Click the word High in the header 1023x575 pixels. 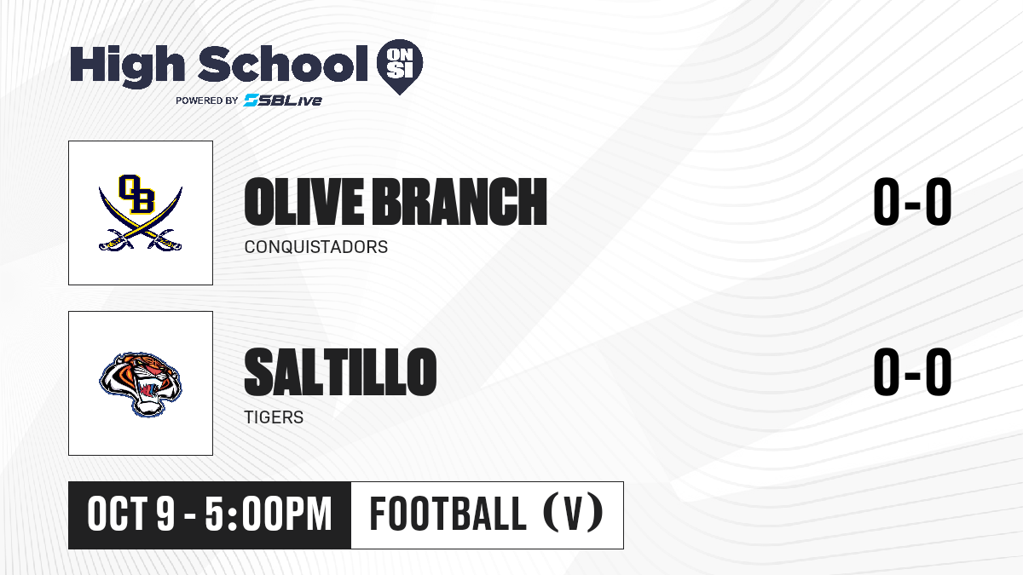click(127, 66)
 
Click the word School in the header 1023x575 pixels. click(283, 64)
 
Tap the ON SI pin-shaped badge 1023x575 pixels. click(400, 66)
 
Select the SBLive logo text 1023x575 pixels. click(283, 101)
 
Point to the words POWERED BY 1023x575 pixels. click(207, 101)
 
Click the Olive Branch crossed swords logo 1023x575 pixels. click(141, 213)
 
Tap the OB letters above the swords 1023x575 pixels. click(136, 194)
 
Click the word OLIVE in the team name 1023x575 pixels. click(304, 202)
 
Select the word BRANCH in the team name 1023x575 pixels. click(459, 202)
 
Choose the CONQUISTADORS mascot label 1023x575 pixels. click(316, 247)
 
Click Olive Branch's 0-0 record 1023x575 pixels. click(912, 202)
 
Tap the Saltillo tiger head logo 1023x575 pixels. click(141, 384)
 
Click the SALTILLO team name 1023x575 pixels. click(340, 371)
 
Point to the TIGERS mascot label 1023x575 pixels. click(274, 417)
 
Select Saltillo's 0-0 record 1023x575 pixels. click(912, 372)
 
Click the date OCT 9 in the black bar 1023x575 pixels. click(131, 515)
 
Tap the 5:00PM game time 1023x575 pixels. click(268, 515)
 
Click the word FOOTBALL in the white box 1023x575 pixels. click(448, 515)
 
